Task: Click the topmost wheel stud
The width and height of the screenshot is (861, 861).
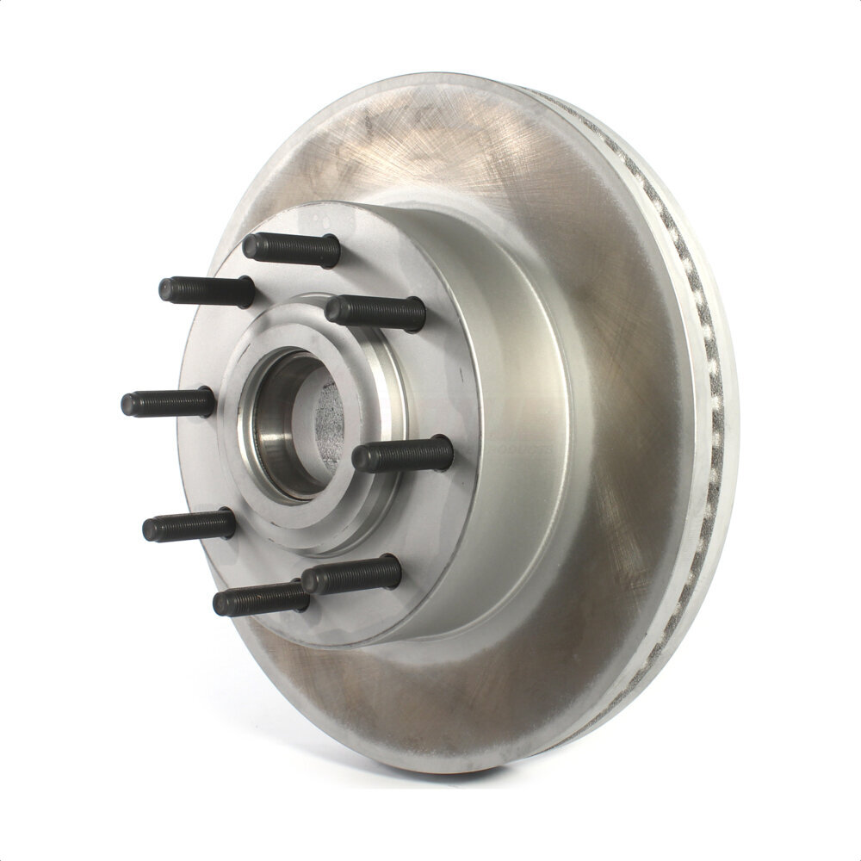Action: pyautogui.click(x=291, y=249)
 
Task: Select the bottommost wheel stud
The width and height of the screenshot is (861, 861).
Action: pyautogui.click(x=261, y=598)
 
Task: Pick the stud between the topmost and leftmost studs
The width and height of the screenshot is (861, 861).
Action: pyautogui.click(x=207, y=290)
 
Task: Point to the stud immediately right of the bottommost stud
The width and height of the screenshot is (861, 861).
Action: pyautogui.click(x=351, y=573)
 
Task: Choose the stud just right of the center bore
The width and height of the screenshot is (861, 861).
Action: pyautogui.click(x=403, y=455)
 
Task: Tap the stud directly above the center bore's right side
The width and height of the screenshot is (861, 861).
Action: pyautogui.click(x=375, y=312)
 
